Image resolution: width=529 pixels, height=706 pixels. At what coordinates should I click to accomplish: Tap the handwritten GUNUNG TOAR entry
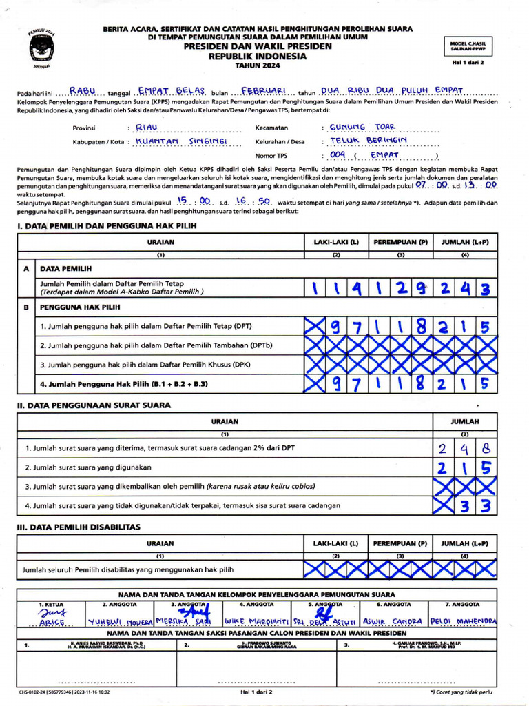363,127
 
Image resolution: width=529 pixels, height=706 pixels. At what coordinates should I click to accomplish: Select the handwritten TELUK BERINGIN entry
369,141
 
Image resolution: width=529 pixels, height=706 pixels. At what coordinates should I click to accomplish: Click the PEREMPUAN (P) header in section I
401,242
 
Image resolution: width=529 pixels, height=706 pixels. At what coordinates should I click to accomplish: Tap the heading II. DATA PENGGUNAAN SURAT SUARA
94,405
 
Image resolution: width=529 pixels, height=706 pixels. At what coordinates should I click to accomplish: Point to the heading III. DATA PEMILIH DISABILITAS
79,527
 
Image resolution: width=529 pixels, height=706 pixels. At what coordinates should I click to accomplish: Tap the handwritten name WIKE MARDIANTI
256,621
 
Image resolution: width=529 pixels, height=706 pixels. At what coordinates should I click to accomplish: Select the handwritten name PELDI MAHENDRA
462,621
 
